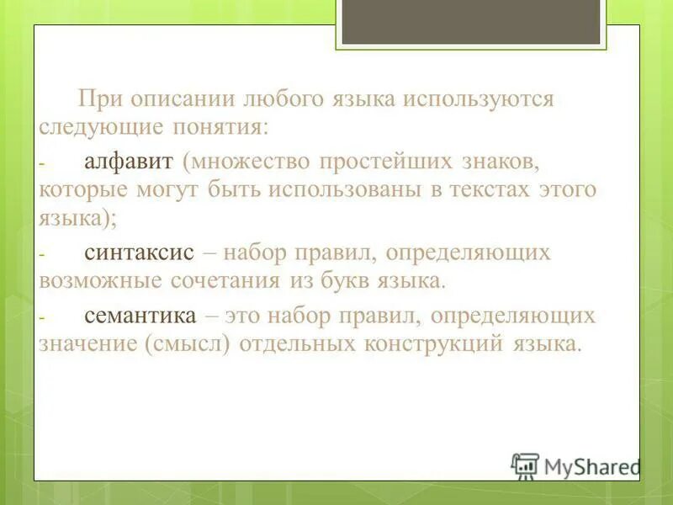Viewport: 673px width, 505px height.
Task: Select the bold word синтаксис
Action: tap(140, 252)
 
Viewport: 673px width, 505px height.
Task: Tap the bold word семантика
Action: tap(140, 316)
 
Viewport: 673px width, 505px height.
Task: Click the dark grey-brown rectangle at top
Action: tap(471, 21)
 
